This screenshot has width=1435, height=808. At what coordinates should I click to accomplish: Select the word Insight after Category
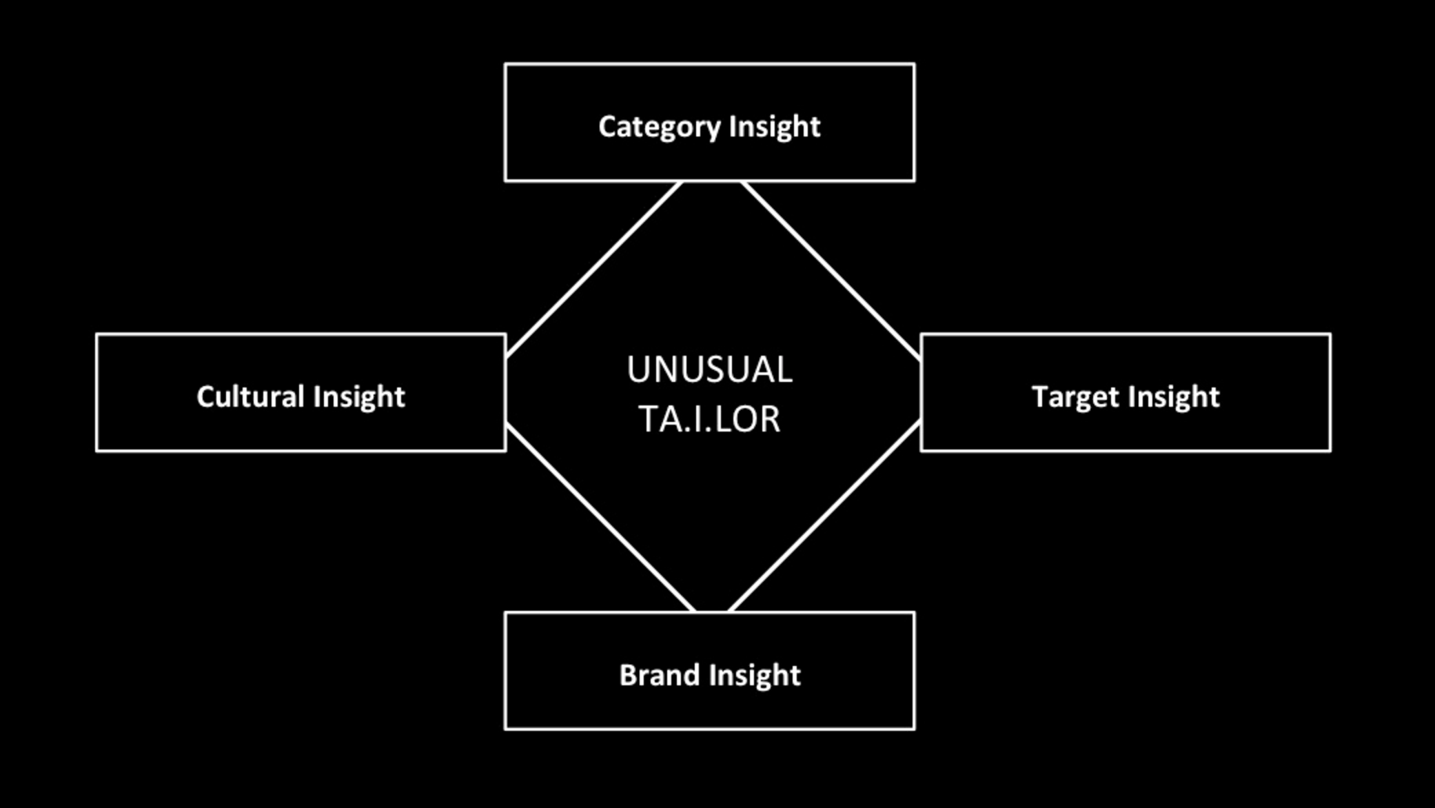click(x=775, y=128)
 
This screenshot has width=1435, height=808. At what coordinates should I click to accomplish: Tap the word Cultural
click(x=250, y=396)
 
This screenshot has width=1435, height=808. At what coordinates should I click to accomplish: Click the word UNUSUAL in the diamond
click(x=710, y=370)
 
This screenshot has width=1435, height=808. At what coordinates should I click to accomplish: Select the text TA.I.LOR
click(x=710, y=418)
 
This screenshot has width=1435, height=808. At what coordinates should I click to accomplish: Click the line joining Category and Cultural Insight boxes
click(x=594, y=270)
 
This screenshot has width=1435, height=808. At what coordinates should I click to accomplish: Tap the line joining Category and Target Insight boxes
click(x=831, y=271)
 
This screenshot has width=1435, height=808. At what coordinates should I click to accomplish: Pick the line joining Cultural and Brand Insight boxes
click(x=600, y=517)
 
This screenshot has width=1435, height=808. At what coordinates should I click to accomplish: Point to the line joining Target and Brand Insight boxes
click(x=824, y=516)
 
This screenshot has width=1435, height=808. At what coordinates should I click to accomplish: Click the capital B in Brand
click(x=628, y=675)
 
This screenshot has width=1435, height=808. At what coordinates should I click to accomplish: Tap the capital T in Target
click(x=1040, y=397)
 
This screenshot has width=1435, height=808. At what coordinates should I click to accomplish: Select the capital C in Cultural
click(x=205, y=397)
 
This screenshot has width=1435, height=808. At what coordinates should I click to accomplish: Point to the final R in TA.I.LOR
click(x=771, y=418)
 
